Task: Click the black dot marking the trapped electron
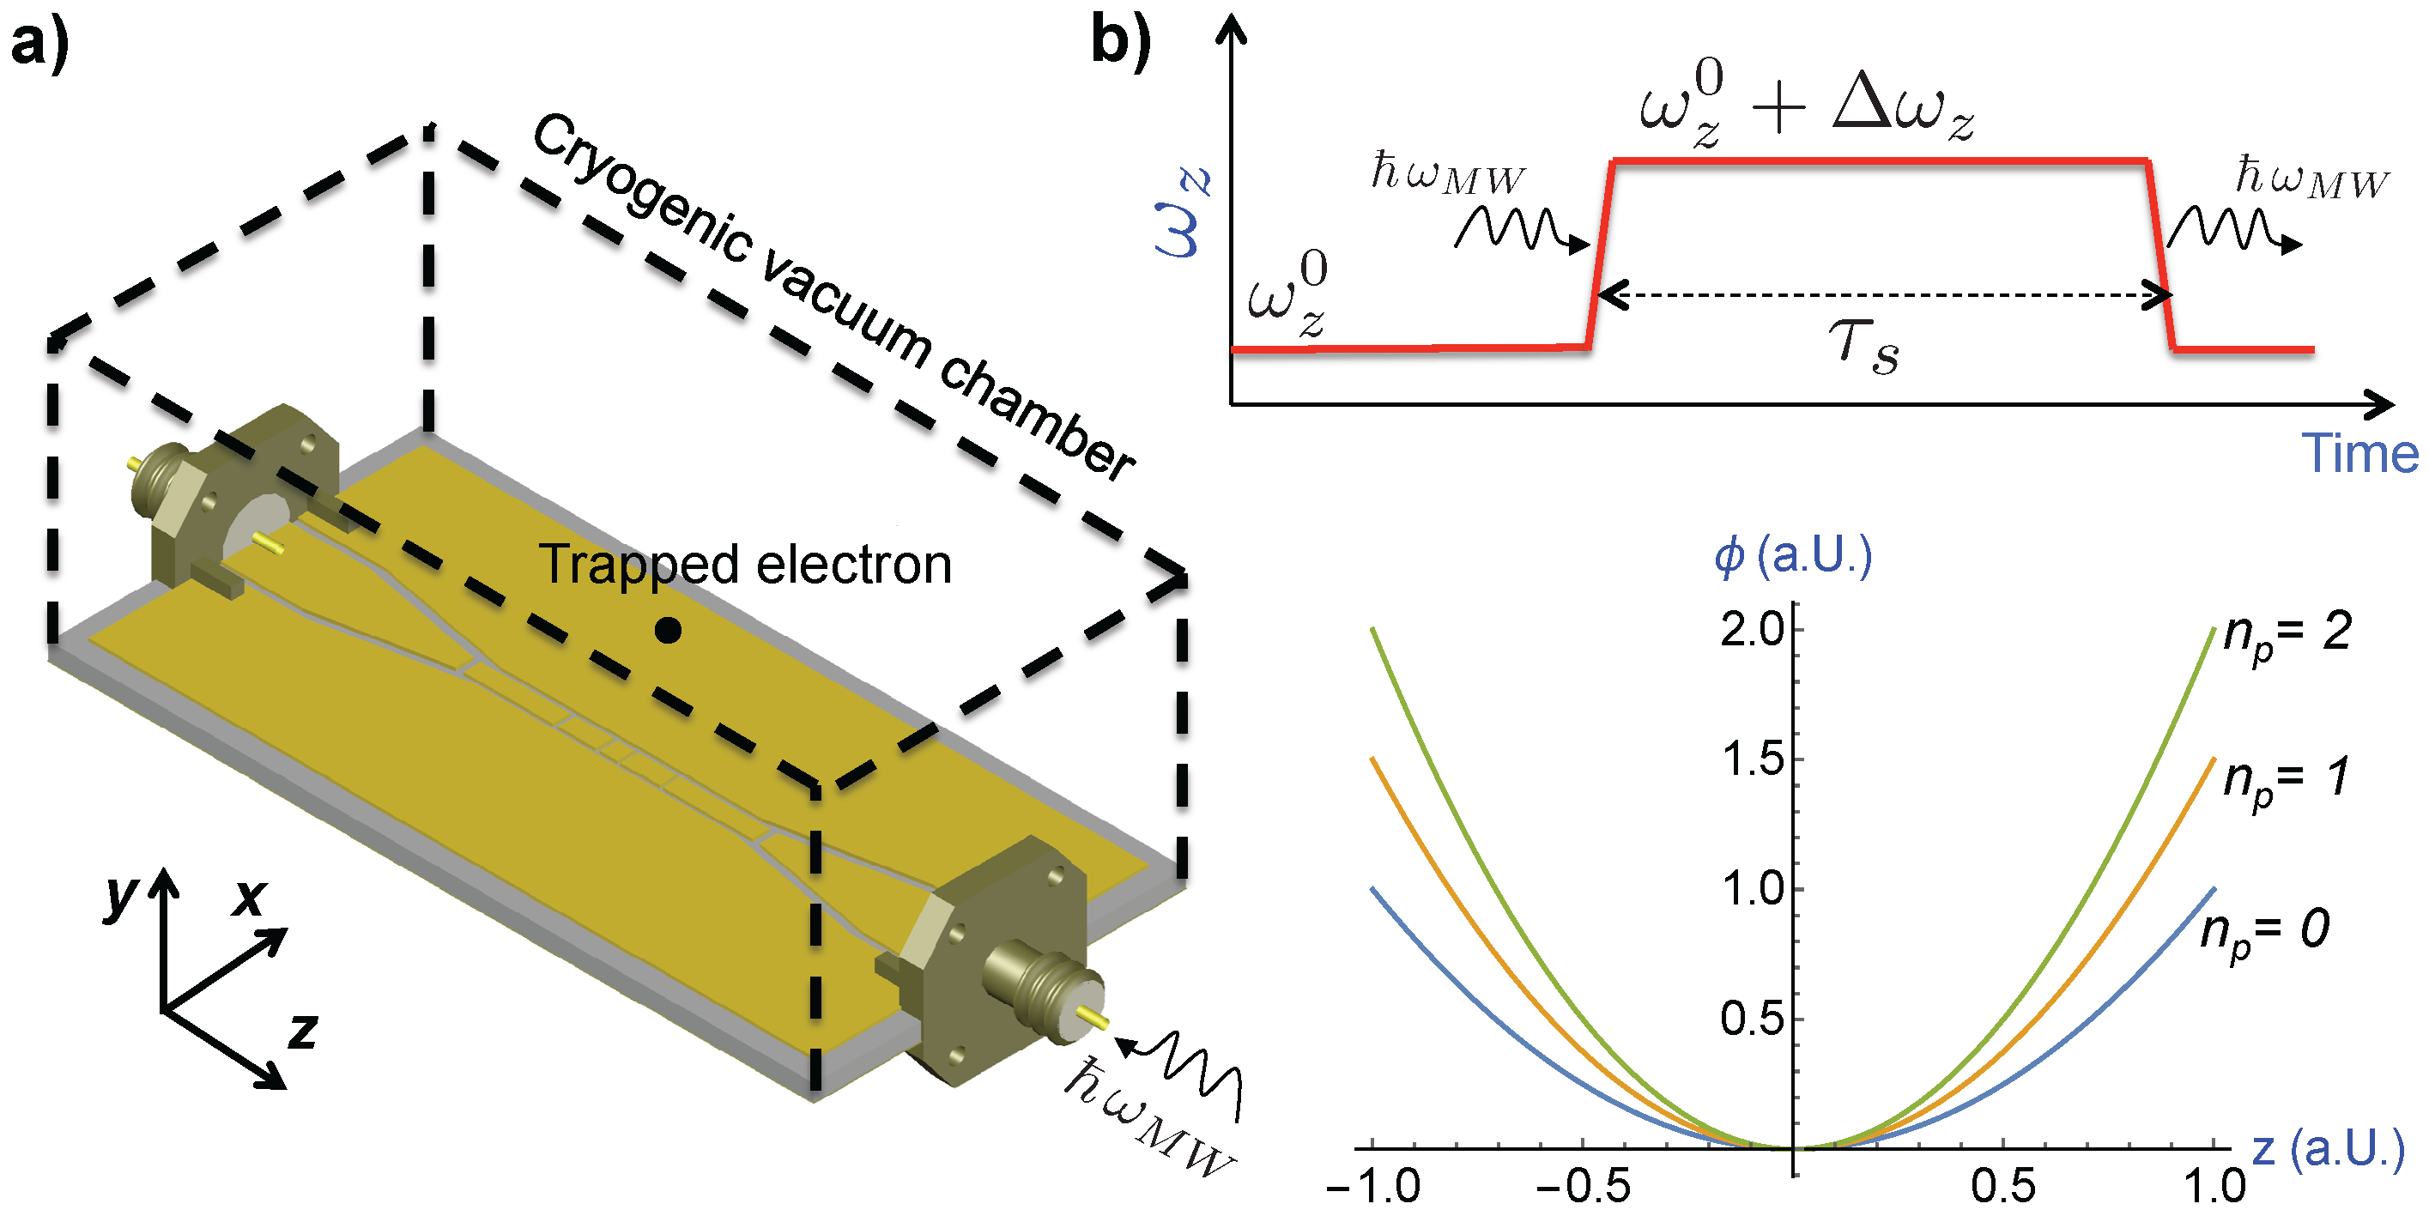tap(668, 630)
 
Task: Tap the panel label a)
tap(39, 44)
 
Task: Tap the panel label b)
tap(1120, 41)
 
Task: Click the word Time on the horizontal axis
tap(2359, 453)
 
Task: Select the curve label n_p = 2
tap(2287, 632)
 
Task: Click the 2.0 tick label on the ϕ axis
tap(1752, 630)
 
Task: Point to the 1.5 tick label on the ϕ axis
tap(1752, 759)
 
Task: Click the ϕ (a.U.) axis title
tap(1792, 556)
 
